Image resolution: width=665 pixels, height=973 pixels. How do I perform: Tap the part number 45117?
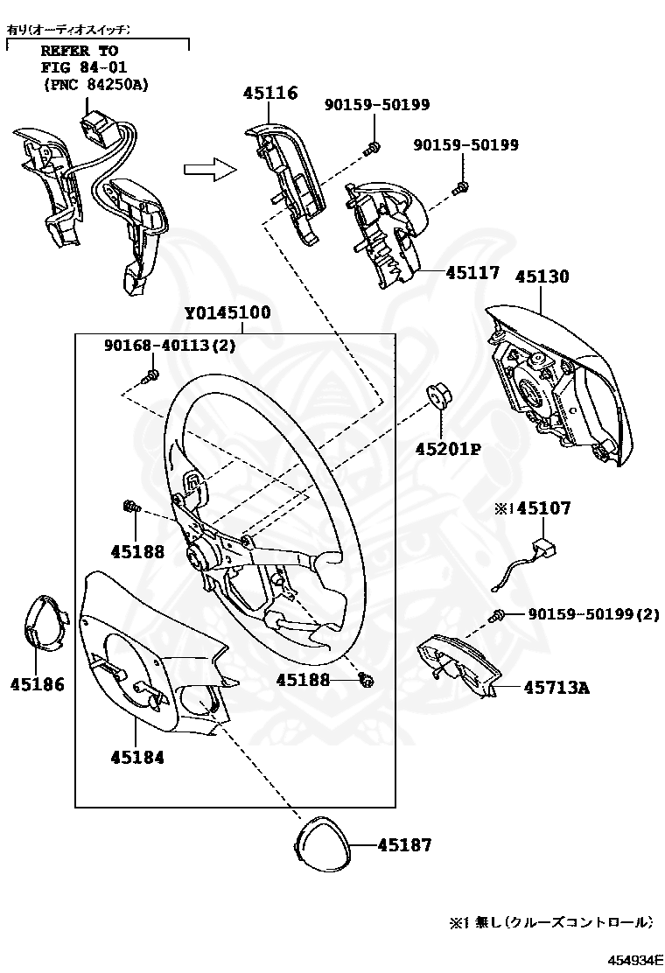pyautogui.click(x=472, y=273)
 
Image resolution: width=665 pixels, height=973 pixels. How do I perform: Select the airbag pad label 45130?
pyautogui.click(x=542, y=276)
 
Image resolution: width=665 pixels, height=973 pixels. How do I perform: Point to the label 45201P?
pyautogui.click(x=448, y=450)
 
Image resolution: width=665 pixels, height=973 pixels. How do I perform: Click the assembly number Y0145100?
pyautogui.click(x=227, y=313)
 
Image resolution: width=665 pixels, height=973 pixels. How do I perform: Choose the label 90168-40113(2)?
pyautogui.click(x=170, y=346)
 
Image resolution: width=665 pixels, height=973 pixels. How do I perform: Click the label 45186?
pyautogui.click(x=38, y=684)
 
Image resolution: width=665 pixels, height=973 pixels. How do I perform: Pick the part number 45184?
pyautogui.click(x=137, y=757)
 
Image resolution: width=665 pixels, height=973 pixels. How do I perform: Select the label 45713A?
pyautogui.click(x=556, y=688)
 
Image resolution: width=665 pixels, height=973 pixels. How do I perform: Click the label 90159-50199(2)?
pyautogui.click(x=593, y=614)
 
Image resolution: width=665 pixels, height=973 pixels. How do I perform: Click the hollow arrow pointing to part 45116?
pyautogui.click(x=211, y=168)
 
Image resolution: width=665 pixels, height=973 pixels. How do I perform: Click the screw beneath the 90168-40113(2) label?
pyautogui.click(x=150, y=376)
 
